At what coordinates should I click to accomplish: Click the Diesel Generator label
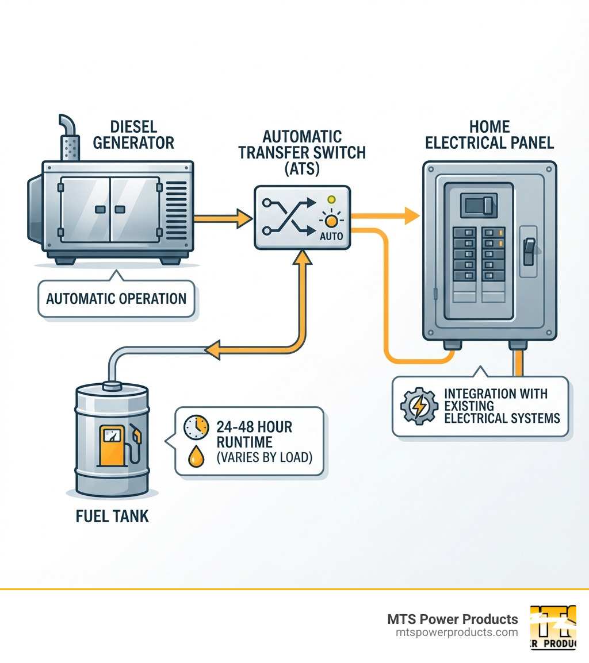click(133, 134)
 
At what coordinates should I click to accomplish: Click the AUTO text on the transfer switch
click(331, 236)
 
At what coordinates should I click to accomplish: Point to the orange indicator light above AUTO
click(330, 221)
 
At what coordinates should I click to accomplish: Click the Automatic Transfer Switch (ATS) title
click(302, 153)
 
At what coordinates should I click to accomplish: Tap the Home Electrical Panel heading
click(489, 134)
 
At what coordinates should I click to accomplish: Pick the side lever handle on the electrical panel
click(529, 252)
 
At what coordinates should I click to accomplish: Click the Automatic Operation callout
click(116, 299)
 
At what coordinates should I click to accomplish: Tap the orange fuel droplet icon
click(196, 456)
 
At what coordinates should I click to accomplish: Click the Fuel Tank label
click(112, 516)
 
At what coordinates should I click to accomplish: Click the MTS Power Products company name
click(452, 619)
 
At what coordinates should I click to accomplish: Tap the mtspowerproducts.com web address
click(457, 633)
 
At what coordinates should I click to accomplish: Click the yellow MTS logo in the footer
click(553, 627)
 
